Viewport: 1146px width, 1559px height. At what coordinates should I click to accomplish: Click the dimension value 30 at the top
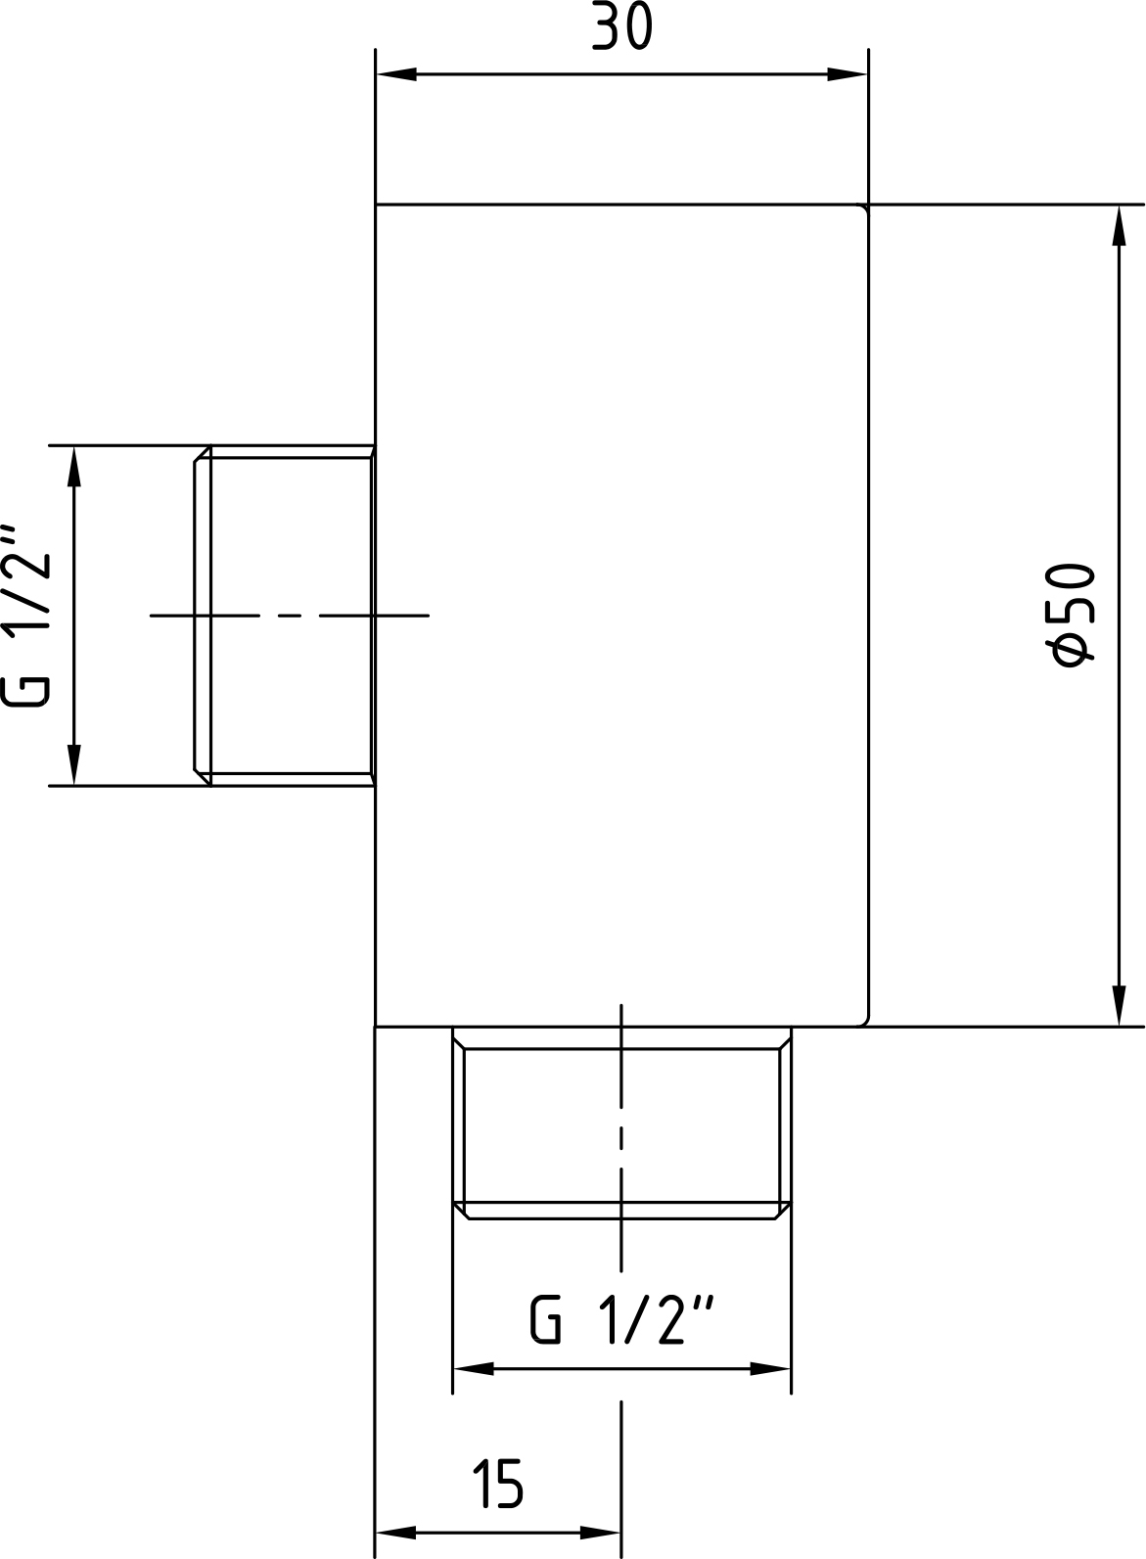click(x=622, y=25)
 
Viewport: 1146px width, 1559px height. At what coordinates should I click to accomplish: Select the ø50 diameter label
click(x=1071, y=616)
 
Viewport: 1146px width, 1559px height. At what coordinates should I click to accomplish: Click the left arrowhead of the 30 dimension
click(x=396, y=74)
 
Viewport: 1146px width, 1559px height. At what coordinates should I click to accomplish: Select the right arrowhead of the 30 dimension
click(x=848, y=74)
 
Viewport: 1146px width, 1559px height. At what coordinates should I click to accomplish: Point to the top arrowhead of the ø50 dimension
click(x=1119, y=225)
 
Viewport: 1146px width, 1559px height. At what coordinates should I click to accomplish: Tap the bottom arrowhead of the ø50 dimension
click(x=1119, y=1006)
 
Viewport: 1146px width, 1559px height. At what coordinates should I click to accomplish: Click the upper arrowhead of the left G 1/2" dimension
click(x=73, y=466)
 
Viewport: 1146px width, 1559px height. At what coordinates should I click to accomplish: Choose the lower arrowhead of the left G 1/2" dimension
click(x=73, y=765)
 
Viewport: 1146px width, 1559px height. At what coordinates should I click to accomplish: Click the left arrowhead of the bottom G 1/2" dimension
click(x=473, y=1369)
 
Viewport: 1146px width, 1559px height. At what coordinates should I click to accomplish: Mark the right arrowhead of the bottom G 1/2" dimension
click(x=770, y=1369)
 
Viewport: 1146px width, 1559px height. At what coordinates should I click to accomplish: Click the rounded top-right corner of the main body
click(x=864, y=209)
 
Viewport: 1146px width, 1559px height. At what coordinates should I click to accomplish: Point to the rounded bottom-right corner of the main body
click(x=864, y=1021)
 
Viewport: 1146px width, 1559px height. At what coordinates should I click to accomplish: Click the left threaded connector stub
click(x=285, y=616)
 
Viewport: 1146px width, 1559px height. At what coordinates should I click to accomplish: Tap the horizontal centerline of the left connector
click(x=290, y=616)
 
